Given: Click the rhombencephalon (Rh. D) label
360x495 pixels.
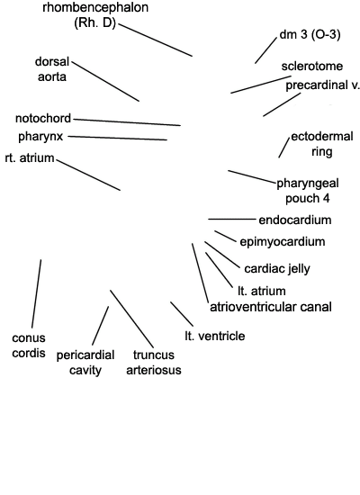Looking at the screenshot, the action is coord(95,14).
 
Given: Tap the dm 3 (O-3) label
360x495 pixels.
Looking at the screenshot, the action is coord(310,34).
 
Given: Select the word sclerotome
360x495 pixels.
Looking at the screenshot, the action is coord(312,66).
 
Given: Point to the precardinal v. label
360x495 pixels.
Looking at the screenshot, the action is coord(323,85).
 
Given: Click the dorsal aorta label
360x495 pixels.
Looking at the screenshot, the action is coord(52,69).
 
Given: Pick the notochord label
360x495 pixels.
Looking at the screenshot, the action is coord(43,119).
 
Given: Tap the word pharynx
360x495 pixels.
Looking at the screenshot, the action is coord(40,137).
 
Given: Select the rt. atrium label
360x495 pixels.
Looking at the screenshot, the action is coord(30,157).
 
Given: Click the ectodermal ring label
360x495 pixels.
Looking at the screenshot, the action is coord(322,144).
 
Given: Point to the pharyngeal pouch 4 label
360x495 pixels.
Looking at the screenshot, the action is coord(308,191).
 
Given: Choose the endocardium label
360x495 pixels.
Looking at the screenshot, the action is coord(295,220).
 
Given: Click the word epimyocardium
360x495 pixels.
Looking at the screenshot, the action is coord(283,242).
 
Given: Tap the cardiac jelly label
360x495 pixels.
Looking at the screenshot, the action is coord(277,269).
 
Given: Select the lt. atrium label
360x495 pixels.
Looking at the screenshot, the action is coord(262,291).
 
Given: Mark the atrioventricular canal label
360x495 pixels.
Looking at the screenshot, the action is coord(271,307).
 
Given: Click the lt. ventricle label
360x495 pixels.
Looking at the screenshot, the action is coord(215,336).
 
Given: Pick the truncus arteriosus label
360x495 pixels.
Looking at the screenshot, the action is coord(154,362).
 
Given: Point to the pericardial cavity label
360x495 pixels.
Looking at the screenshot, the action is coord(85,363).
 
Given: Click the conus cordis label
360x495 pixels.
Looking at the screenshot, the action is coord(29,346).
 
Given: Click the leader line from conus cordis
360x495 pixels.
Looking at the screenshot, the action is coord(36,293).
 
